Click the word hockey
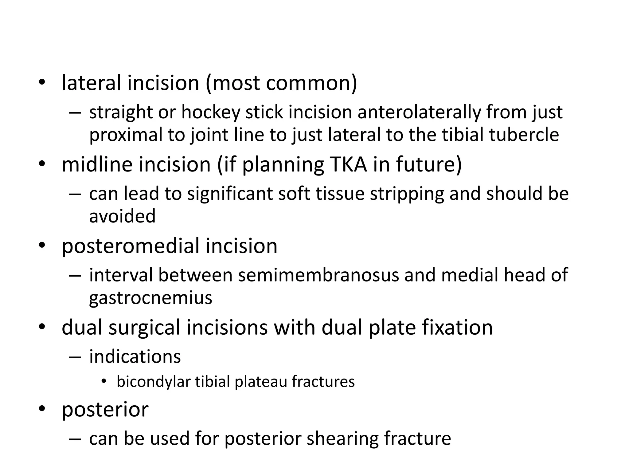pos(211,112)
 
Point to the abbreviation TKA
pos(348,164)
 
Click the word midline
pos(97,164)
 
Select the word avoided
pos(122,216)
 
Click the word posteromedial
pos(131,246)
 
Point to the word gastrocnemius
pos(150,297)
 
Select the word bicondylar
pos(154,382)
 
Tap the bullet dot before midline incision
pos(42,164)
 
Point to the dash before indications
pos(75,357)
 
